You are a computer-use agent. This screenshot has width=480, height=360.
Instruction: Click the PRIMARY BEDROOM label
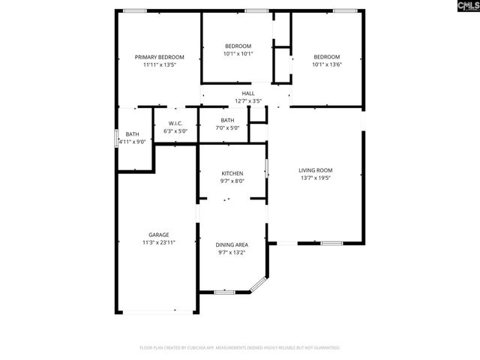pos(159,57)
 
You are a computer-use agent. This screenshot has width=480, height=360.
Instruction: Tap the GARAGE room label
pos(158,235)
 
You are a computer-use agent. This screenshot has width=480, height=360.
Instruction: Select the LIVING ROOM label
pos(316,170)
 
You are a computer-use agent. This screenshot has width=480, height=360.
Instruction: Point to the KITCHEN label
pos(232,173)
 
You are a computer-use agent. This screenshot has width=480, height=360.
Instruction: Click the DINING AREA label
pos(232,244)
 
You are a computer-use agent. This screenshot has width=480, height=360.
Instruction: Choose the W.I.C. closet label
pos(175,123)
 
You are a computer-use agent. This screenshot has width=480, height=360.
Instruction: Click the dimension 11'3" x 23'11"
pos(158,242)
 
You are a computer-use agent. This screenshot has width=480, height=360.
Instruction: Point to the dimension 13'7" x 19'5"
pos(316,178)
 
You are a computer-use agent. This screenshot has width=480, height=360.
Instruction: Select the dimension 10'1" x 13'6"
pos(326,64)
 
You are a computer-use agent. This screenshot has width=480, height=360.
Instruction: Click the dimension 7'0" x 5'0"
pos(227,127)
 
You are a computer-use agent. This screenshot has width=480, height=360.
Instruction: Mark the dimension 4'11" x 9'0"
pos(132,141)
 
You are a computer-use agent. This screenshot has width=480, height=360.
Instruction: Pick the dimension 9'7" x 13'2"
pos(232,252)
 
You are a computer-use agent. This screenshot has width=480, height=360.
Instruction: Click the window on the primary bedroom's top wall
pos(135,10)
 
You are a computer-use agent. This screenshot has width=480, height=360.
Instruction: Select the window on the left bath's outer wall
pos(116,139)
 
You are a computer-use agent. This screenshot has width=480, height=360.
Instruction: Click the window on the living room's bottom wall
pos(331,243)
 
